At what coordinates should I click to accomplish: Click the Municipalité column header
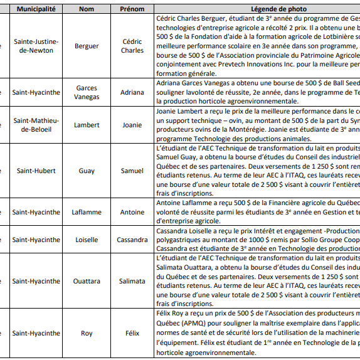(x=36, y=9)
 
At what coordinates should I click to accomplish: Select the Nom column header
(x=87, y=9)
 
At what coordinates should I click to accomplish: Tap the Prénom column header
(x=132, y=9)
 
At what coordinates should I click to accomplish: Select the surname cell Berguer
(x=87, y=46)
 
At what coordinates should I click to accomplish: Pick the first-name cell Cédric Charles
(x=132, y=46)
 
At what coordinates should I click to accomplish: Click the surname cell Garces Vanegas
(x=87, y=92)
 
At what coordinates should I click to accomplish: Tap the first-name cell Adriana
(x=132, y=92)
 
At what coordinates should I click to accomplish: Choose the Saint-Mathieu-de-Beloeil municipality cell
(x=36, y=125)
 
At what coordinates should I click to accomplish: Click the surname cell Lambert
(x=87, y=125)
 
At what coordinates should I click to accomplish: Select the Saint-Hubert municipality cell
(x=36, y=171)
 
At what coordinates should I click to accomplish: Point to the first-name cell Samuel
(x=132, y=171)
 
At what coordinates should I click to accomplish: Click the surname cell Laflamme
(x=87, y=212)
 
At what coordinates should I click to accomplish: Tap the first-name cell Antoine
(x=132, y=212)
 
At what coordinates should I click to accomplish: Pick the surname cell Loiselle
(x=87, y=240)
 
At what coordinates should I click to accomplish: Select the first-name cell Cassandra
(x=132, y=240)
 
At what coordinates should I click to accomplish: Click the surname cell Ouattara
(x=87, y=281)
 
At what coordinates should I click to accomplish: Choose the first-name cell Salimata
(x=132, y=281)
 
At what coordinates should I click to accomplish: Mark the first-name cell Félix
(x=132, y=333)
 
